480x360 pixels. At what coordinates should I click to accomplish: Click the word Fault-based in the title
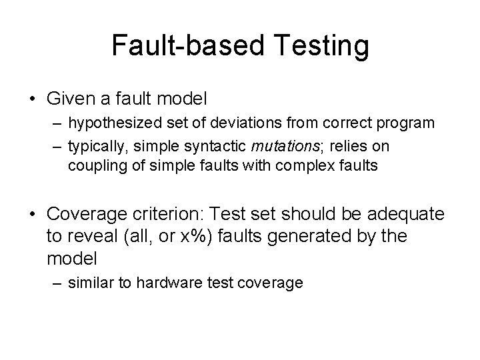coord(187,45)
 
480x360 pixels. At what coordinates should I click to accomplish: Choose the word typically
coord(94,145)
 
